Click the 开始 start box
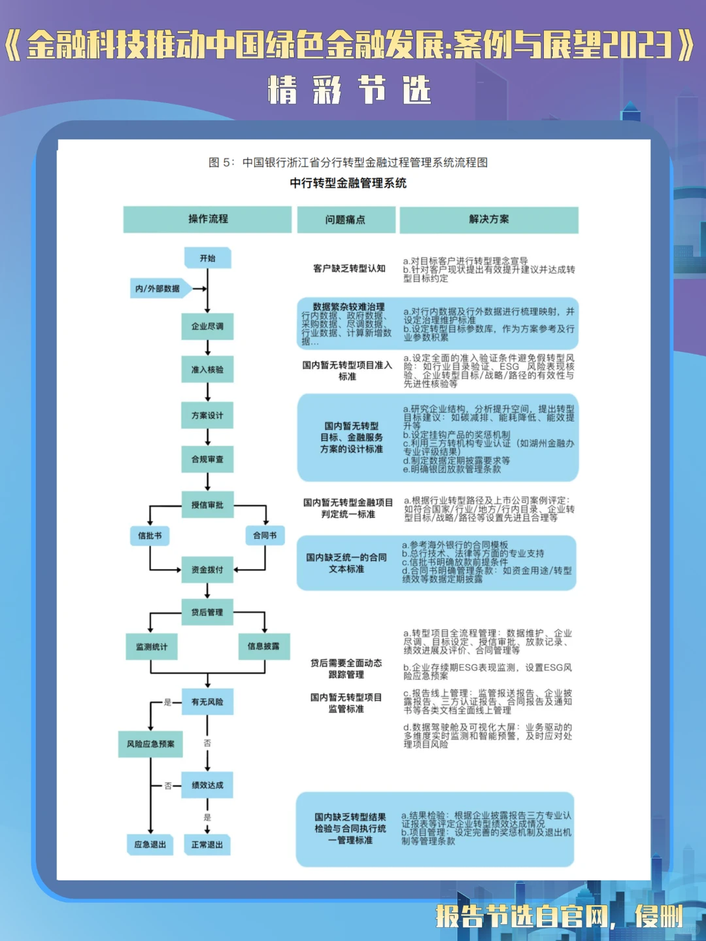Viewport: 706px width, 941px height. [207, 258]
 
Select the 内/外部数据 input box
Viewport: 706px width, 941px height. [159, 288]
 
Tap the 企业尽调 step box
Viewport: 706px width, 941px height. [207, 326]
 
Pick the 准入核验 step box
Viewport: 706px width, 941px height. [207, 369]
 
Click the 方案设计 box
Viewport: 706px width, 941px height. [207, 415]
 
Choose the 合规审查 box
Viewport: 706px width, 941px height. [207, 459]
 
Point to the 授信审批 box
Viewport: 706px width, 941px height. [207, 505]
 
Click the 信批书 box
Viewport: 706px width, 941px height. [150, 536]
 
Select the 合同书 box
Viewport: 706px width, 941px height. [265, 536]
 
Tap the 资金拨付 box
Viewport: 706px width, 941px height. [207, 570]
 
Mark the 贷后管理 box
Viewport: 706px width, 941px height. [207, 612]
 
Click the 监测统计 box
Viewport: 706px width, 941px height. [152, 647]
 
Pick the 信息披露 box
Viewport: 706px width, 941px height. [263, 646]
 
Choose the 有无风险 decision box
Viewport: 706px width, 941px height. [207, 702]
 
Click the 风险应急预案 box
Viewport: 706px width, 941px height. [150, 744]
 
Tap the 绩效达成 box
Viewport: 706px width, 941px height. [207, 785]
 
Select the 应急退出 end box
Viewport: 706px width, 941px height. [150, 845]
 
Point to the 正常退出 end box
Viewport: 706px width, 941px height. [207, 845]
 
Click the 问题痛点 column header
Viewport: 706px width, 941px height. [346, 220]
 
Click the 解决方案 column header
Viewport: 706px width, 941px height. [489, 220]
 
